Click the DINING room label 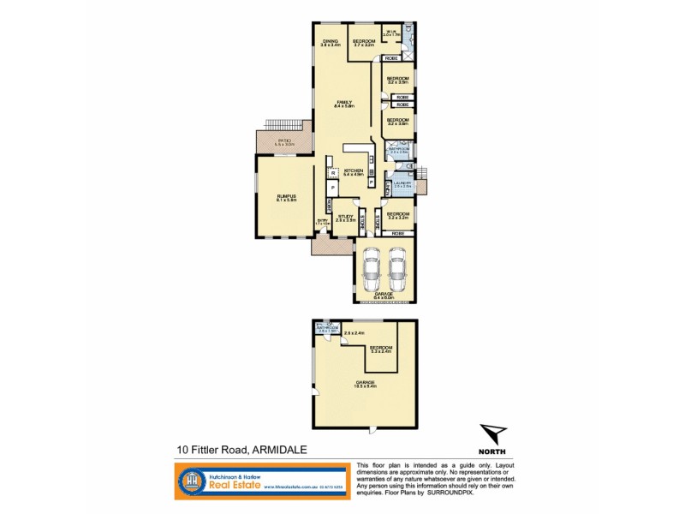point(330,40)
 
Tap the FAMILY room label point(344,102)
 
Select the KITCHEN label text point(354,170)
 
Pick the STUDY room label point(345,216)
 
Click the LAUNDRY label point(402,183)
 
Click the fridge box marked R point(332,173)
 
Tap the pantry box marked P point(331,187)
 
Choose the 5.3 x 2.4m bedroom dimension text point(379,352)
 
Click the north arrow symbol point(492,434)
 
